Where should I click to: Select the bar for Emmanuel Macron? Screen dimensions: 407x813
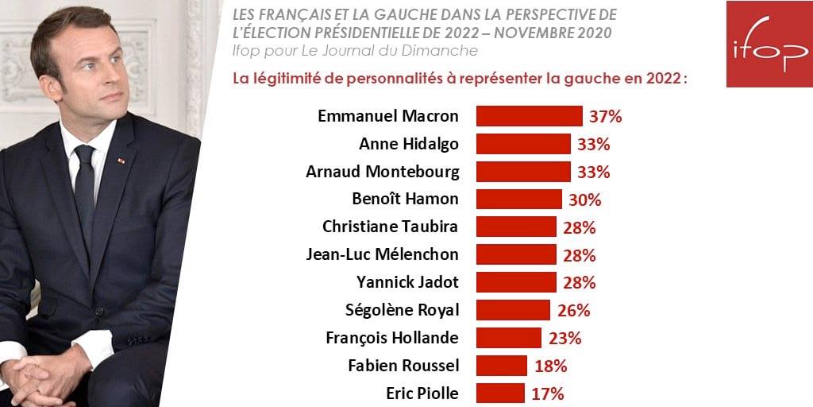pyautogui.click(x=529, y=116)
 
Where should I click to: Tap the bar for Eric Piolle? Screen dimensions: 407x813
pyautogui.click(x=500, y=393)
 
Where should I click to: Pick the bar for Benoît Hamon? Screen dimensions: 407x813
pyautogui.click(x=518, y=200)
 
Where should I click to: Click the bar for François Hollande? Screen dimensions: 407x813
pyautogui.click(x=508, y=338)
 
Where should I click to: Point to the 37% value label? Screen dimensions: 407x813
pyautogui.click(x=606, y=117)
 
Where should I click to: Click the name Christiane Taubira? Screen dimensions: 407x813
pyautogui.click(x=390, y=227)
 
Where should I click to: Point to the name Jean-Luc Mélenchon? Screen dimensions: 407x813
pyautogui.click(x=382, y=254)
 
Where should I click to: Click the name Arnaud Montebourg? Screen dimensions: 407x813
pyautogui.click(x=382, y=172)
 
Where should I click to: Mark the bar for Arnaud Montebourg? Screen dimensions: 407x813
pyautogui.click(x=523, y=172)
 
